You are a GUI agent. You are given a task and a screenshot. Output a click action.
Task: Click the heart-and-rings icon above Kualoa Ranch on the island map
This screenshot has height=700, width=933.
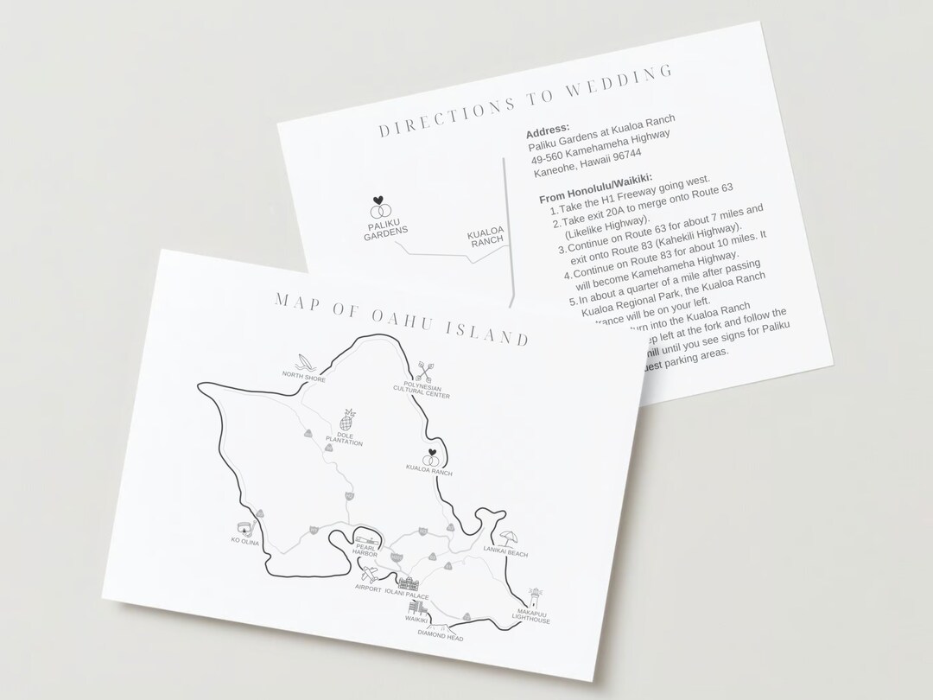430,457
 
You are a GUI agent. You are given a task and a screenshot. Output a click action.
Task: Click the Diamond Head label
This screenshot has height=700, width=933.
440,638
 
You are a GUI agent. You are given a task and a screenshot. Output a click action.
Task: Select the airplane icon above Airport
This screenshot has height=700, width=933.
369,574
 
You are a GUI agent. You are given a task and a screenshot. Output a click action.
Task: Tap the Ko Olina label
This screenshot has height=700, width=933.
245,541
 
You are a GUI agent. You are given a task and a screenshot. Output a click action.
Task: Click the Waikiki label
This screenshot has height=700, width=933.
418,620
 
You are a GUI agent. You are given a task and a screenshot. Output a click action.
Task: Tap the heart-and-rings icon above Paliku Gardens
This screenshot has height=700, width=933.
378,207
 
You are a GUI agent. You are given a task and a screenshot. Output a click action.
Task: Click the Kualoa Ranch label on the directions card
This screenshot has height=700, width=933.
485,239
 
